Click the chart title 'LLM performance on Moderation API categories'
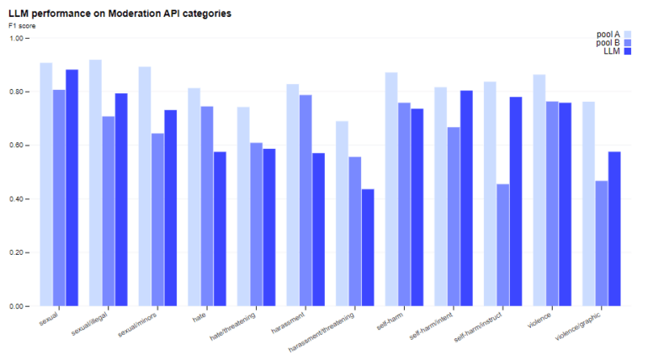[120, 14]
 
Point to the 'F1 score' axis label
[23, 26]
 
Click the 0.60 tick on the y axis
[20, 146]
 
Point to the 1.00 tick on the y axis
[20, 38]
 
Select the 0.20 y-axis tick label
[20, 253]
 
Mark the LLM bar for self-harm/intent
[465, 198]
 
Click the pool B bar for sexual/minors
[157, 220]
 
